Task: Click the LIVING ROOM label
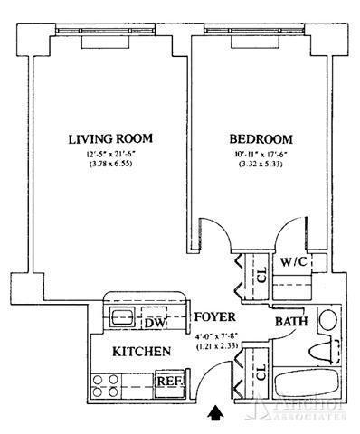(109, 138)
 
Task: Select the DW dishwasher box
(155, 321)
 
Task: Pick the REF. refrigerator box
(167, 381)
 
